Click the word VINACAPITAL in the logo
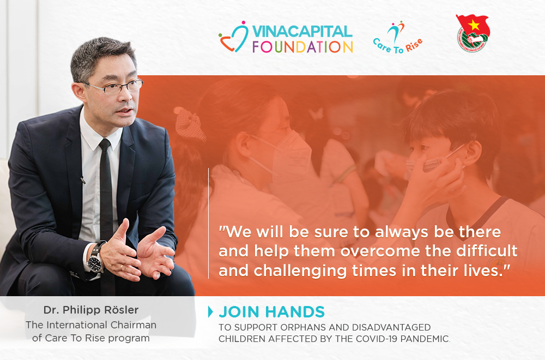click(x=302, y=31)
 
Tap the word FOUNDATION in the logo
click(x=302, y=47)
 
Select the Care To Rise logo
click(x=398, y=38)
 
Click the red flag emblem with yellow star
click(x=473, y=33)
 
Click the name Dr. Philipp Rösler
click(x=91, y=310)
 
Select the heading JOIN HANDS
click(x=272, y=312)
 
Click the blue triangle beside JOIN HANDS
click(x=210, y=311)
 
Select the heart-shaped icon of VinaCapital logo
click(x=234, y=38)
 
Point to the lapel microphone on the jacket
click(x=83, y=180)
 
